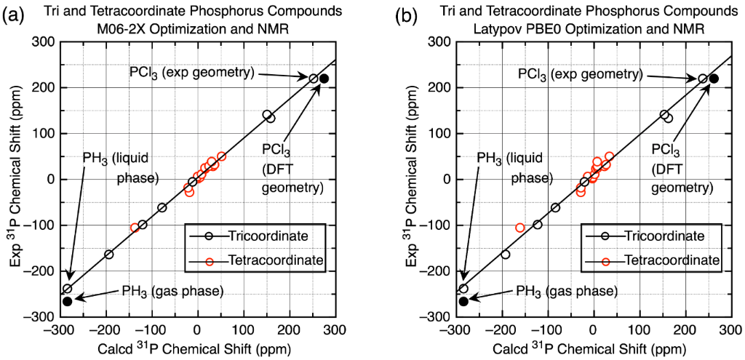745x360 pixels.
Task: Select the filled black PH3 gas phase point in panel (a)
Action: pos(68,301)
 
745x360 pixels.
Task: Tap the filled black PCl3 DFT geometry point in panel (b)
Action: pos(714,79)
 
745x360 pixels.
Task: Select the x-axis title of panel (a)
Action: pos(197,348)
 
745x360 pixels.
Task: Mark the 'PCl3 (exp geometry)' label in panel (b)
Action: pos(579,73)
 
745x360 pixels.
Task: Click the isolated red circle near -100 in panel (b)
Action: pos(519,228)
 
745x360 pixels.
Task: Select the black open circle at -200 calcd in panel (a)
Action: pos(109,255)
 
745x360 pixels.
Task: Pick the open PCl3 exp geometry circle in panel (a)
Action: pos(314,79)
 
